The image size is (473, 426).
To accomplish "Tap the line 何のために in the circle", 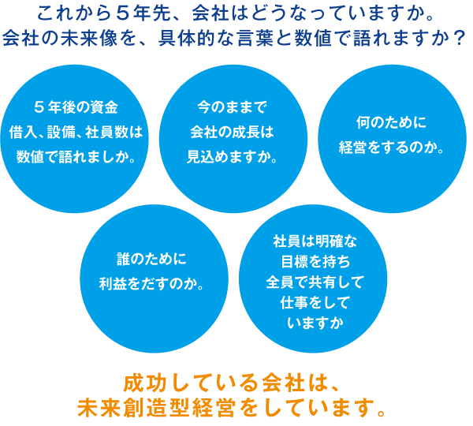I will [391, 123].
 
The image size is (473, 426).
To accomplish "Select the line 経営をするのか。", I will [391, 148].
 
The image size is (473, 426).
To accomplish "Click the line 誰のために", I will [152, 258].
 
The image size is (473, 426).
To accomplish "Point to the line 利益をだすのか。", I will [152, 283].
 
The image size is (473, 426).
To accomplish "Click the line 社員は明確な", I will [314, 240].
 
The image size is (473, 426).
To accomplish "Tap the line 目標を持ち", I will [314, 260].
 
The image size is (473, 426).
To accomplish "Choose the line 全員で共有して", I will [314, 281].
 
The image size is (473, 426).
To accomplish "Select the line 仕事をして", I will [314, 302].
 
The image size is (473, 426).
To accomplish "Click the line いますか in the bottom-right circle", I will [314, 323].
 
